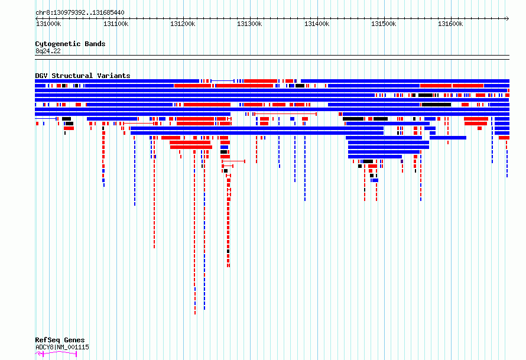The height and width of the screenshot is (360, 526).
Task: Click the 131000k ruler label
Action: pyautogui.click(x=48, y=24)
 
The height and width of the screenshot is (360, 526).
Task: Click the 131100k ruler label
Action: pyautogui.click(x=116, y=24)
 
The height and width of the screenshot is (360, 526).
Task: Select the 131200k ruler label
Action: pyautogui.click(x=183, y=24)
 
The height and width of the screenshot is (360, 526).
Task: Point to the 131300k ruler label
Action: pyautogui.click(x=249, y=24)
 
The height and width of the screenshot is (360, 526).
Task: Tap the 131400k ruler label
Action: pyautogui.click(x=317, y=24)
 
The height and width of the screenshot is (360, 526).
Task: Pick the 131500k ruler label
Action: pyautogui.click(x=384, y=24)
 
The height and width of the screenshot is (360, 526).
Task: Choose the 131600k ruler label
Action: pyautogui.click(x=450, y=24)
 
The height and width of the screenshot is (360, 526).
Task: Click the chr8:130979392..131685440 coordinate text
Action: pyautogui.click(x=80, y=13)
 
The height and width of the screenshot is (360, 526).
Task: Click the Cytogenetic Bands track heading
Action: pyautogui.click(x=70, y=44)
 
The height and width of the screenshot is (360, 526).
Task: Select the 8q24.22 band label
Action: pyautogui.click(x=48, y=51)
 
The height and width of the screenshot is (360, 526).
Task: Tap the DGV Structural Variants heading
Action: pyautogui.click(x=83, y=76)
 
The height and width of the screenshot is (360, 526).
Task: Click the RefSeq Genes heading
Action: pyautogui.click(x=60, y=340)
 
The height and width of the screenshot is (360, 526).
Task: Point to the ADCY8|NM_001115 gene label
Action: pyautogui.click(x=62, y=347)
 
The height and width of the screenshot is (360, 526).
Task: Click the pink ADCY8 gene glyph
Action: pyautogui.click(x=56, y=353)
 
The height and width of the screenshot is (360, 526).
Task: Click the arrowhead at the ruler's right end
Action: pyautogui.click(x=508, y=19)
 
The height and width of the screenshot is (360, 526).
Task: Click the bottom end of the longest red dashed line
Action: pyautogui.click(x=195, y=314)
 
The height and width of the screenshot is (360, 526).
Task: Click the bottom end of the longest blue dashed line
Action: pyautogui.click(x=204, y=309)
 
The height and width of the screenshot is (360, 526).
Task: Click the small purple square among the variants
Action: pyautogui.click(x=402, y=161)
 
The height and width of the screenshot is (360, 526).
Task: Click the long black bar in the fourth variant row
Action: pyautogui.click(x=425, y=95)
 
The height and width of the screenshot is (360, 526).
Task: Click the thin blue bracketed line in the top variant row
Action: pyautogui.click(x=222, y=81)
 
